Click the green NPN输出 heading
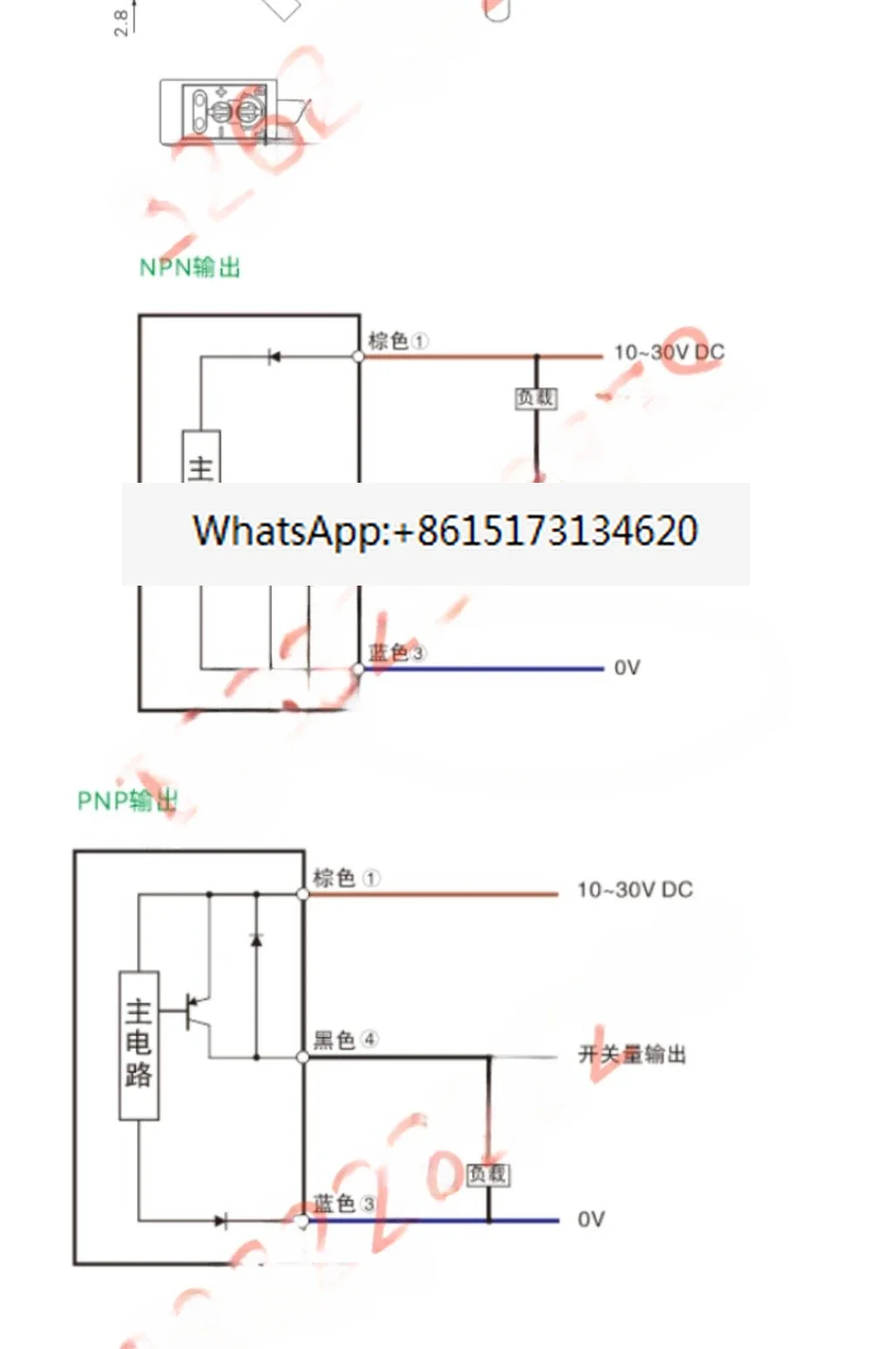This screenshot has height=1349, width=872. [189, 267]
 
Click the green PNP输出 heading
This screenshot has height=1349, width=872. [127, 800]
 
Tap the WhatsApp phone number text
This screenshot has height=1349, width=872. [445, 531]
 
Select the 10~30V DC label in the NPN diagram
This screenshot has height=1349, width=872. [669, 352]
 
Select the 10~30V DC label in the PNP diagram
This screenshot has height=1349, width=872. [635, 890]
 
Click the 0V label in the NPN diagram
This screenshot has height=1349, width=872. [627, 668]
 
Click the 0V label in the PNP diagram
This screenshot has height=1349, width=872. [591, 1219]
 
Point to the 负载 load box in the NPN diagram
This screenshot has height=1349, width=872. [535, 398]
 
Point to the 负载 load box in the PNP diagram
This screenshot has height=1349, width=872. [487, 1174]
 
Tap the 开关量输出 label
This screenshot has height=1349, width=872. [632, 1054]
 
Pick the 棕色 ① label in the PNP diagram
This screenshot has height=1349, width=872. [346, 878]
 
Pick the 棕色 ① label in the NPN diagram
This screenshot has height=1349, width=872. [398, 341]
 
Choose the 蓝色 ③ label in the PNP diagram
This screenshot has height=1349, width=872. [344, 1203]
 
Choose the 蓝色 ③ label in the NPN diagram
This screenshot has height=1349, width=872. [397, 652]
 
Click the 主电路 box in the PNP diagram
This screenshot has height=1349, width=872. [139, 1044]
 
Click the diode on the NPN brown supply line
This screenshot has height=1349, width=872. [274, 356]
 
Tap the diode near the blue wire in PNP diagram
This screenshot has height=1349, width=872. [220, 1221]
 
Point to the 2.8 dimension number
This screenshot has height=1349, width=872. [122, 23]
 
